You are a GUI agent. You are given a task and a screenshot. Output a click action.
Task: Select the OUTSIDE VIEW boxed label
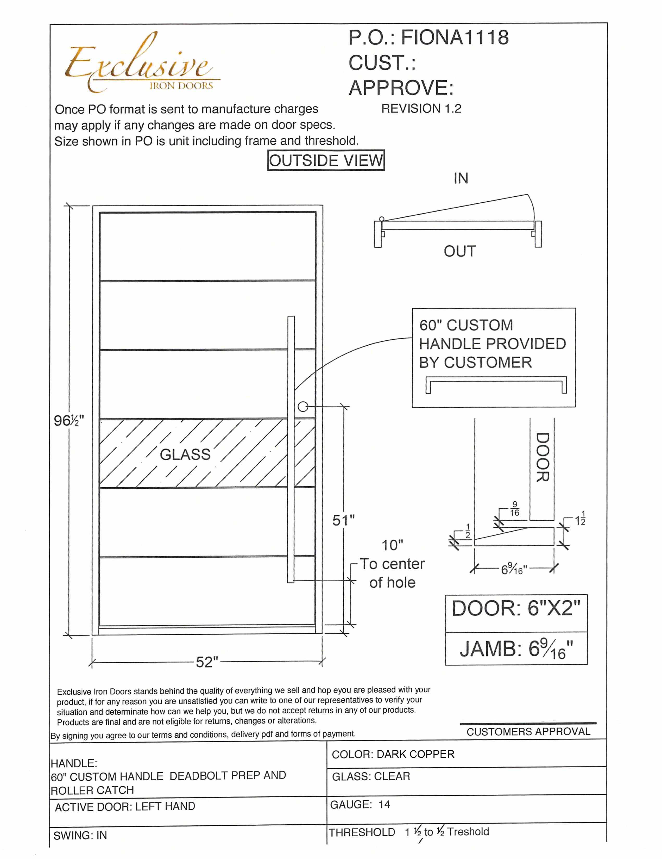coord(326,160)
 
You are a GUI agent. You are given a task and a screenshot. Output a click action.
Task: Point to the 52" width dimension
coord(207,662)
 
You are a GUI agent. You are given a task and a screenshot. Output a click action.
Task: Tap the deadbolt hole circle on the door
coord(303,407)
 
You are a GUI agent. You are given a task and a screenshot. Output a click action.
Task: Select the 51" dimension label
coord(343,520)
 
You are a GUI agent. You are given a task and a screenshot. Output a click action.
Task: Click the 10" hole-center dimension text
coord(392,545)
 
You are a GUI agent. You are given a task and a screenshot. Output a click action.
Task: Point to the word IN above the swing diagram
coord(461,179)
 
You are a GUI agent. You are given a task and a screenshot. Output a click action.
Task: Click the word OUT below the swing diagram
coord(459,251)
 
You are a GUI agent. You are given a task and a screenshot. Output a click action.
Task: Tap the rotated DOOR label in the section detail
coord(543,457)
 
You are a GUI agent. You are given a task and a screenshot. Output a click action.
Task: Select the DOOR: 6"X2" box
coord(516,608)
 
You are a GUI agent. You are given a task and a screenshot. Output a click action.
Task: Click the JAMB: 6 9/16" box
coord(516,649)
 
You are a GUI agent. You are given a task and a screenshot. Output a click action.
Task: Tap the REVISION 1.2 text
coord(421,109)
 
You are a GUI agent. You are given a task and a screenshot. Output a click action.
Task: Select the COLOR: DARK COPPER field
coord(393,754)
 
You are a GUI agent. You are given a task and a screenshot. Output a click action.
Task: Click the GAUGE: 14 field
coord(360,805)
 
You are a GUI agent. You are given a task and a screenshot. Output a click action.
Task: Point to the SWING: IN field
coord(80,835)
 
